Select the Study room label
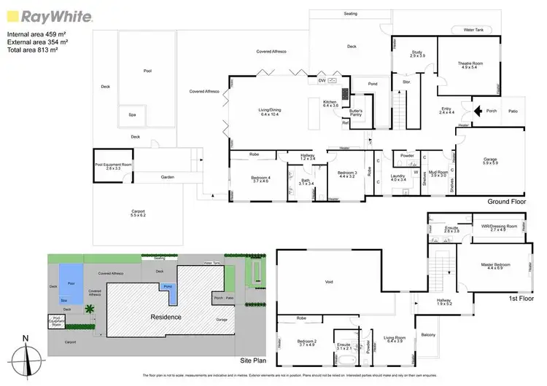click(417, 53)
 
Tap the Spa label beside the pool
click(132, 114)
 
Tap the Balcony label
click(428, 334)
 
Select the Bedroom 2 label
click(306, 342)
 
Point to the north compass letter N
click(25, 338)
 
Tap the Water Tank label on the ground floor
click(474, 30)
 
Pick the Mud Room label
click(438, 173)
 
